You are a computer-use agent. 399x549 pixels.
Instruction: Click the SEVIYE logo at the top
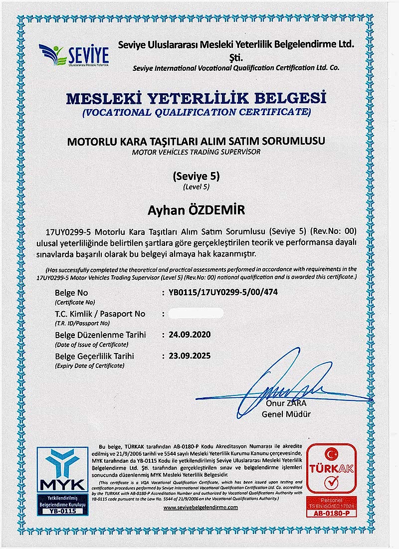pos(74,55)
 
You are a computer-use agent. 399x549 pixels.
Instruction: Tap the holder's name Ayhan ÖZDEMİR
pos(196,211)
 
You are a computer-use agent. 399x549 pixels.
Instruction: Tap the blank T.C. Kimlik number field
pos(196,314)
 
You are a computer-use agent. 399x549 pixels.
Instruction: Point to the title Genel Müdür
pos(286,414)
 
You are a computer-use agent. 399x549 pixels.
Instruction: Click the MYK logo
pos(56,473)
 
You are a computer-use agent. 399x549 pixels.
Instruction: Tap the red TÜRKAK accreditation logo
pos(332,468)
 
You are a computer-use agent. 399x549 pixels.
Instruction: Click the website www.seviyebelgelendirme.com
pos(200,507)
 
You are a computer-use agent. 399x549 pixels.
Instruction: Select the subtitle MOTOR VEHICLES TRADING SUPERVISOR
pos(196,152)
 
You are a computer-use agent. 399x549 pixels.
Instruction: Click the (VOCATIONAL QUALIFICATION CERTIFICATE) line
pos(196,112)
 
